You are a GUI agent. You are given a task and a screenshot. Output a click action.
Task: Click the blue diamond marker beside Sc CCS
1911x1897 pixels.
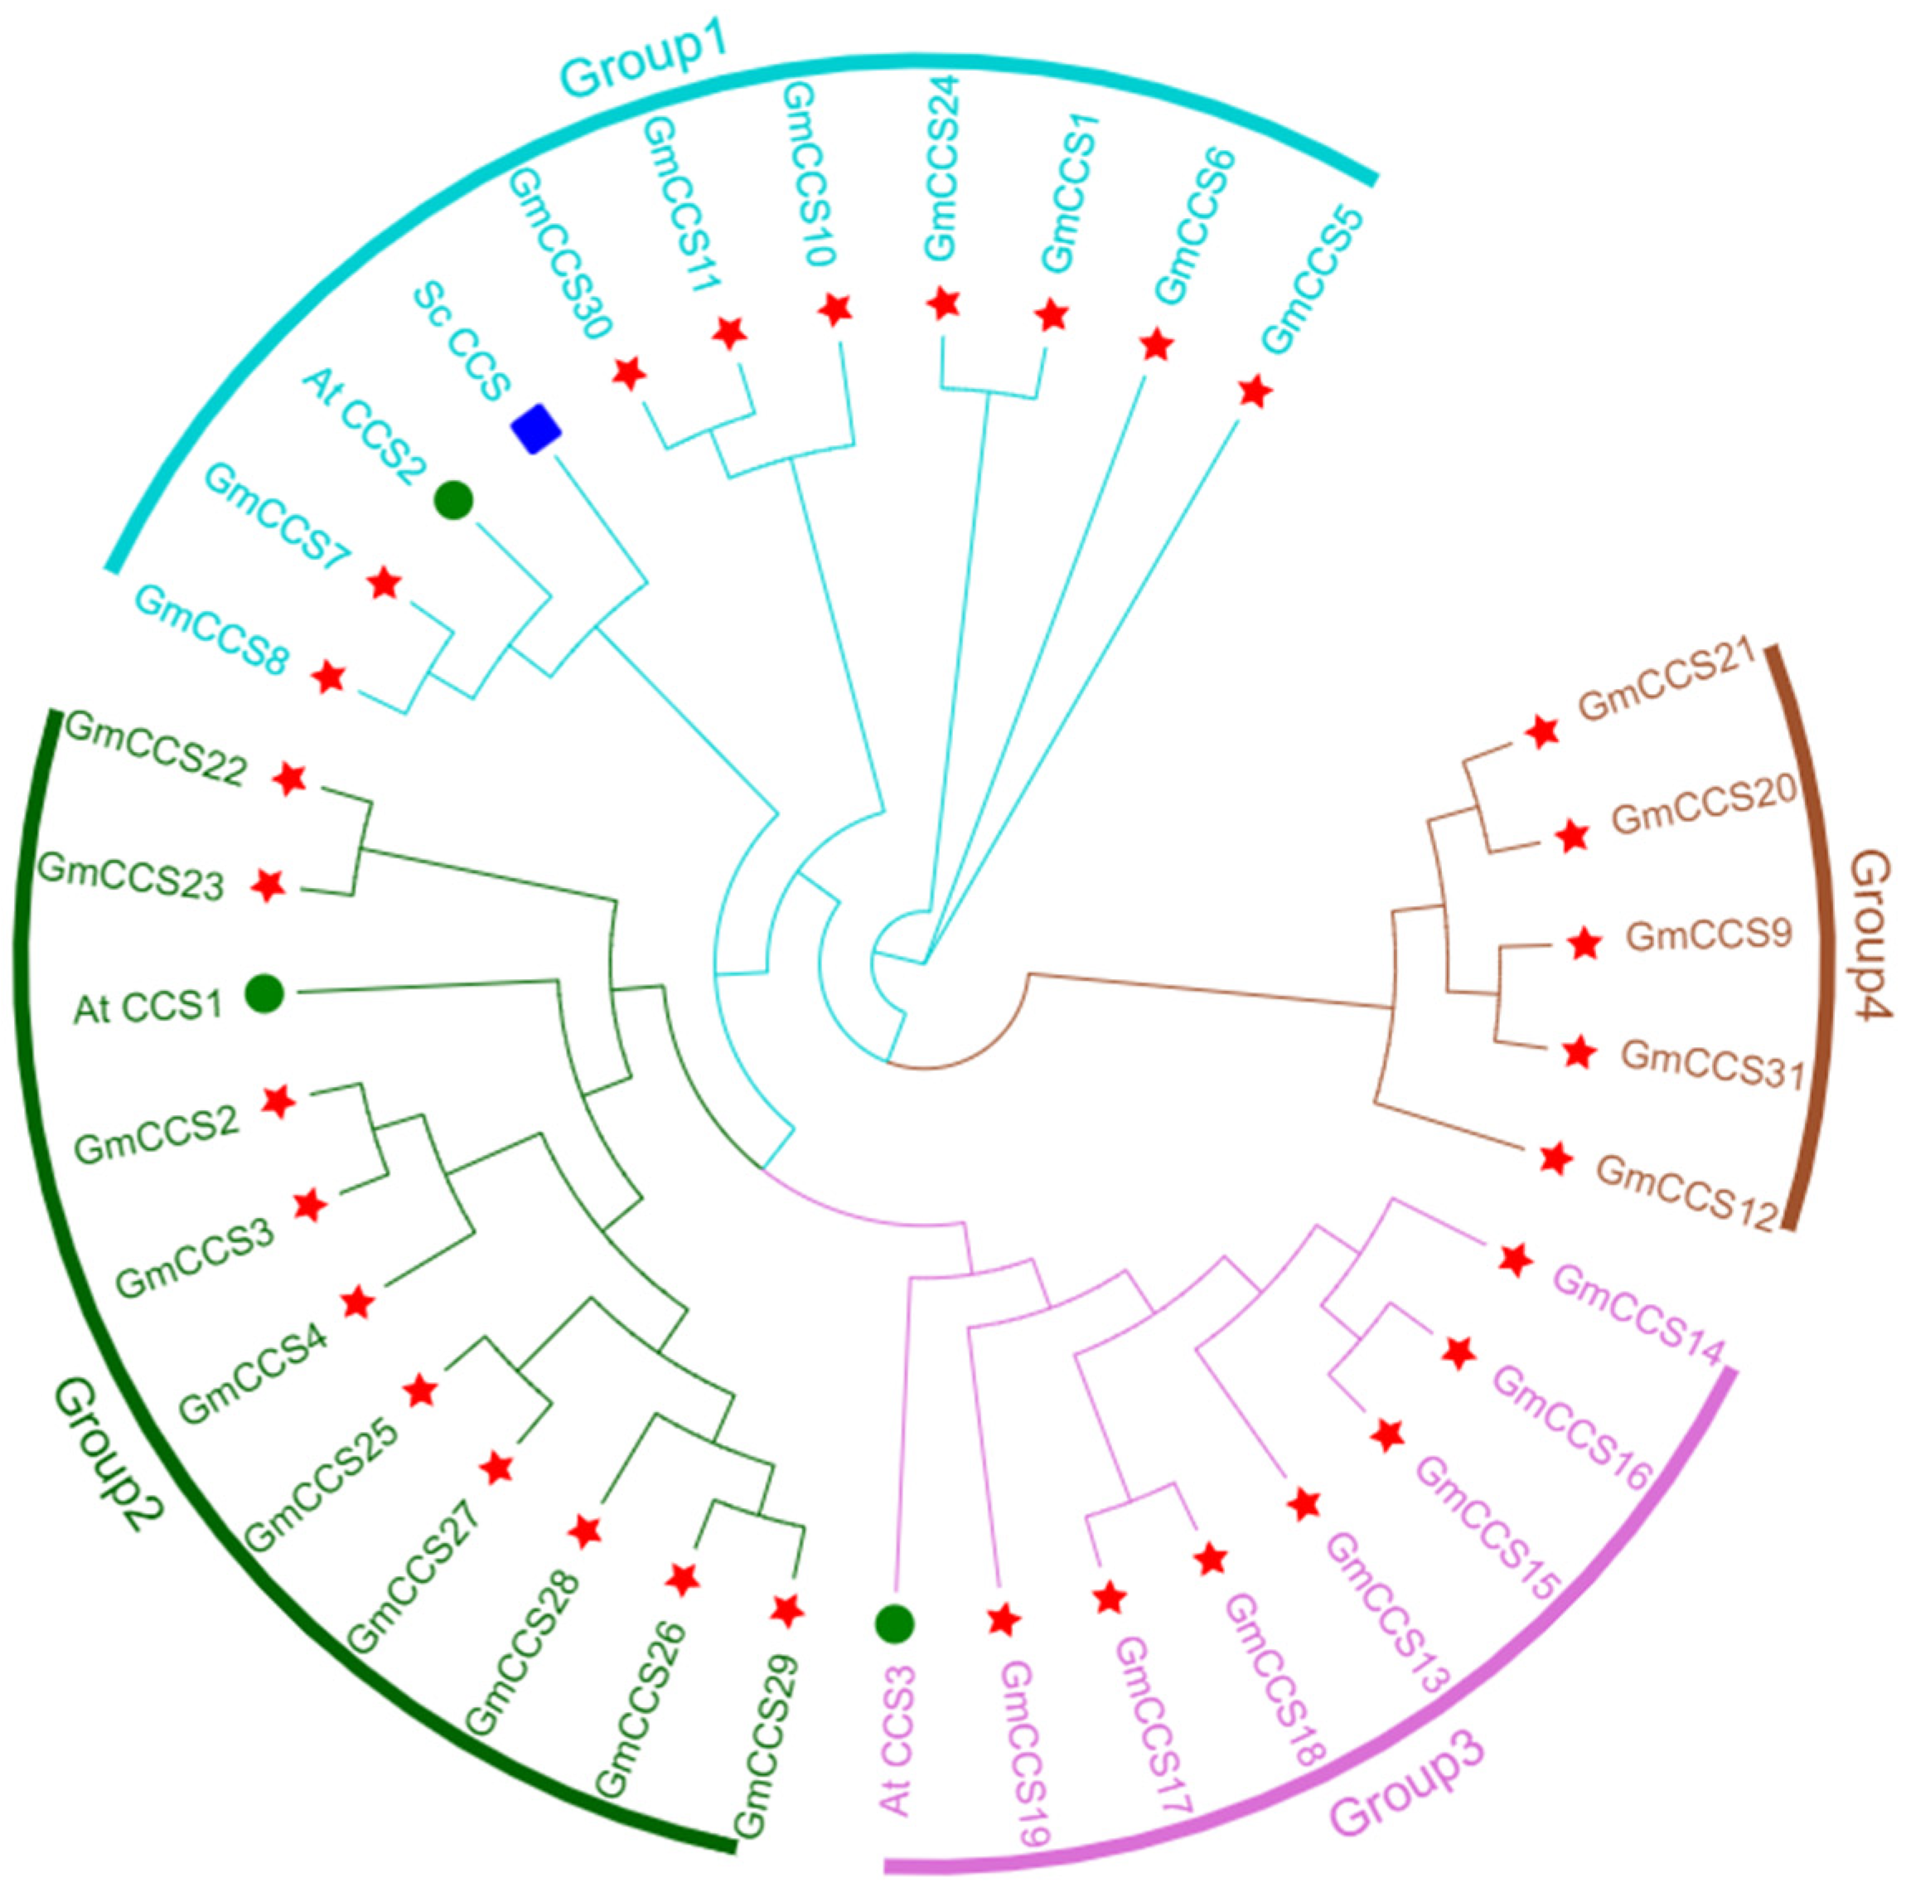tap(535, 429)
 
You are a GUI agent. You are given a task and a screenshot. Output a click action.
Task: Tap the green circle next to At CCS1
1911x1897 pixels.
tap(264, 992)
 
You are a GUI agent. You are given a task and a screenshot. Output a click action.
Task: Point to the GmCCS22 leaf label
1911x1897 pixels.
tap(154, 751)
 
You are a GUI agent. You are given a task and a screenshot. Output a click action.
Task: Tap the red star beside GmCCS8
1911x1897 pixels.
tap(328, 678)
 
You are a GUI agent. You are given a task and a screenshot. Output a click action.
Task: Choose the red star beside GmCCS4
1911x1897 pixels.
tap(357, 1303)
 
